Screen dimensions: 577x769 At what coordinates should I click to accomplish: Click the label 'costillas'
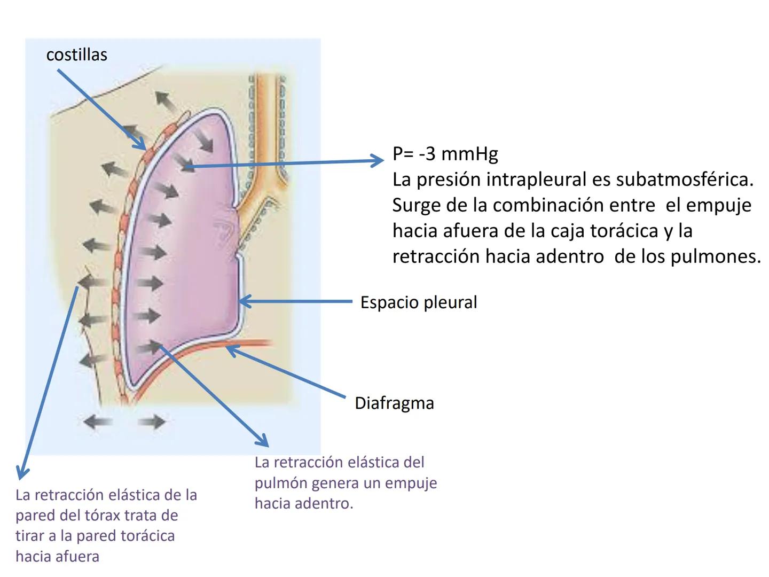(76, 54)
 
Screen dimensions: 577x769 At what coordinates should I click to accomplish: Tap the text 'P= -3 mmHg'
(445, 154)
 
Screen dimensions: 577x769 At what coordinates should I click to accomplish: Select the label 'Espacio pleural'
(418, 302)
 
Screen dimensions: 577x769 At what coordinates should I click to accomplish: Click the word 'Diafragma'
(394, 403)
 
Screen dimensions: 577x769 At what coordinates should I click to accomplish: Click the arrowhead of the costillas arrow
(142, 146)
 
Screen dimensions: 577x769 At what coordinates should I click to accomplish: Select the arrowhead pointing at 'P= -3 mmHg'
(379, 160)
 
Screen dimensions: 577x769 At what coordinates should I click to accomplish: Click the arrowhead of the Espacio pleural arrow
(242, 301)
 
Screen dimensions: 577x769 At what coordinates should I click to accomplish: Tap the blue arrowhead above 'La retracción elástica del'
(263, 441)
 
